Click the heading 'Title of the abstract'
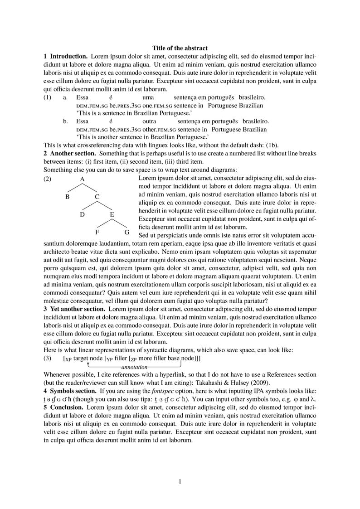point(180,48)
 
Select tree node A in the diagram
point(83,179)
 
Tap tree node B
point(67,197)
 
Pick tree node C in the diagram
point(97,197)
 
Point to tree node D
point(82,214)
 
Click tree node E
point(112,214)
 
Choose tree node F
point(97,232)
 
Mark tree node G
point(127,232)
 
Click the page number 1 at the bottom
point(180,481)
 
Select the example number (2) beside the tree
point(48,179)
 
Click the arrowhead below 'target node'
point(88,363)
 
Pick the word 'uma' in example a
point(148,97)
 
